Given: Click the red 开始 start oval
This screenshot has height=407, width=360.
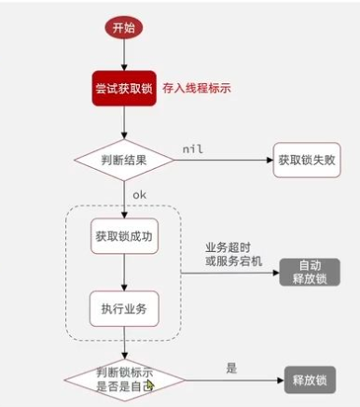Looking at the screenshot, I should pyautogui.click(x=122, y=28).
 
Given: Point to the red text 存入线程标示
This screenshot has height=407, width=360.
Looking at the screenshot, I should pyautogui.click(x=197, y=89).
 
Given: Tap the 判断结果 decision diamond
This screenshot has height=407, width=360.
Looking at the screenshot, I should pyautogui.click(x=123, y=160).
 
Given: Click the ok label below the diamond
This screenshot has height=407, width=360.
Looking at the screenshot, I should pyautogui.click(x=139, y=194).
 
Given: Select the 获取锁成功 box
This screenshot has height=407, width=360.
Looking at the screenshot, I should pyautogui.click(x=123, y=233).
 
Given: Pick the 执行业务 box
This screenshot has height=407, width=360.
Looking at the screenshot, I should pyautogui.click(x=123, y=308).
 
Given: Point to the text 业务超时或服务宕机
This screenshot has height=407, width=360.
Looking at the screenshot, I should pyautogui.click(x=233, y=253).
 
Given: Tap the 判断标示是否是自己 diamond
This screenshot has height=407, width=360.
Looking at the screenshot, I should pyautogui.click(x=122, y=377).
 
